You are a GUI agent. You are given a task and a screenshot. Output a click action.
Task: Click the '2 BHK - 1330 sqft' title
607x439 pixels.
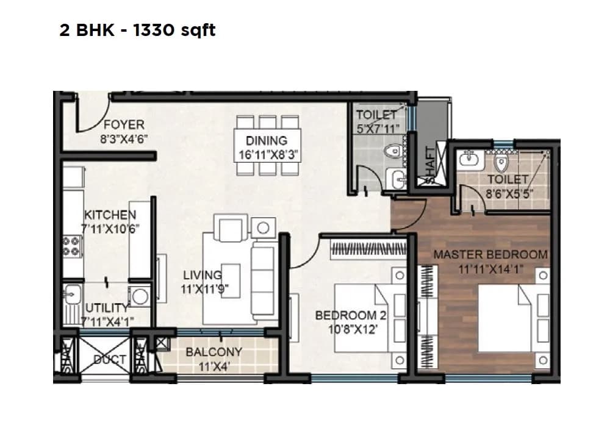(137, 30)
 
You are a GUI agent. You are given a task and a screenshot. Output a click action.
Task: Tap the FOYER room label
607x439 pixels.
(124, 126)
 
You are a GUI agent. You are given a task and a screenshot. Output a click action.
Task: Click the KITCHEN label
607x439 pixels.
(110, 215)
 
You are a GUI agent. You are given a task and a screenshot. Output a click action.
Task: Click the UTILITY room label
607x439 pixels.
(107, 307)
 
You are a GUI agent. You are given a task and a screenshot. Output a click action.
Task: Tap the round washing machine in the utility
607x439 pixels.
(140, 296)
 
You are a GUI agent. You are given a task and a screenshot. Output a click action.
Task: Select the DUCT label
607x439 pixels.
(110, 360)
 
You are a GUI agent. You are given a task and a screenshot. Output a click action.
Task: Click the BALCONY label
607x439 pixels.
(214, 352)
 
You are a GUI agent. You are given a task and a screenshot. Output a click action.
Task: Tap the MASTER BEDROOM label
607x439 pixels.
(490, 254)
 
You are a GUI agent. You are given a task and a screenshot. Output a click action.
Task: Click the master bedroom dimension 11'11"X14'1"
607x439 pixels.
(488, 268)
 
